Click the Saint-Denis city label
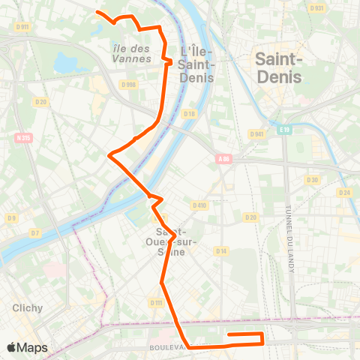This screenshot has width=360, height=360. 279,67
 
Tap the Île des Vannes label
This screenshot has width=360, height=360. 130,54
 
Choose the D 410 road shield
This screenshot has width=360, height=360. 199,205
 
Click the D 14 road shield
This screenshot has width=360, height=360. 221,250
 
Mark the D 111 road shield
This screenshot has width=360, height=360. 156,302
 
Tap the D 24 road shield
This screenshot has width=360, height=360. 344,193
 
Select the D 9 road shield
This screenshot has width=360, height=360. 11,218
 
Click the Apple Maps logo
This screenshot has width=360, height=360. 27,347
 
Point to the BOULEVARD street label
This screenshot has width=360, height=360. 167,348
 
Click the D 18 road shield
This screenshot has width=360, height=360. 189,113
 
